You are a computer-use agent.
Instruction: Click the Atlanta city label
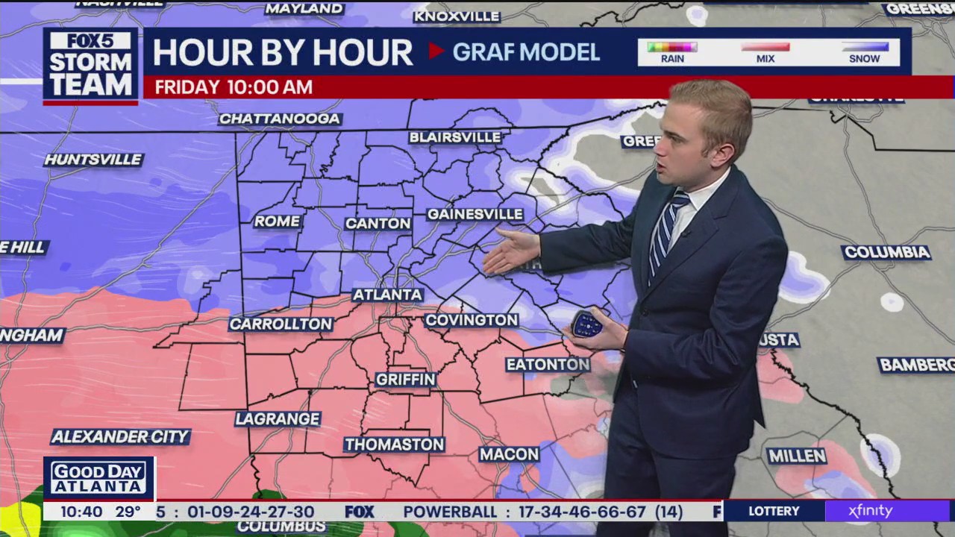[387, 295]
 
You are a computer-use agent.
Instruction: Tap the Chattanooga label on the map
[280, 119]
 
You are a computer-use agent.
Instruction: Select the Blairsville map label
[455, 137]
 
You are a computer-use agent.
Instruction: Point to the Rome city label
[277, 222]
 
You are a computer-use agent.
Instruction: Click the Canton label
[378, 223]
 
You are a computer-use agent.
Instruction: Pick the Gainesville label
[475, 214]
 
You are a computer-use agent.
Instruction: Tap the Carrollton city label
[281, 324]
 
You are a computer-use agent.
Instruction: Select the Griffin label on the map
[406, 379]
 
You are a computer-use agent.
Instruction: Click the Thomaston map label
[394, 445]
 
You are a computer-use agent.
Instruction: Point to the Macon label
[510, 453]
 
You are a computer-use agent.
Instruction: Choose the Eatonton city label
[548, 364]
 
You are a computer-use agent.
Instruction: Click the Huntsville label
[93, 160]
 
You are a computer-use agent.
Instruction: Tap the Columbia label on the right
[886, 252]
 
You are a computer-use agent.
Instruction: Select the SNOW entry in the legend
[865, 52]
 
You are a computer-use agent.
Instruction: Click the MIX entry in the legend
[765, 52]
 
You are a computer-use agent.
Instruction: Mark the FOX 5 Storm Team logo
[90, 66]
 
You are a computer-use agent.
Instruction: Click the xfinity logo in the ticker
[870, 511]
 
